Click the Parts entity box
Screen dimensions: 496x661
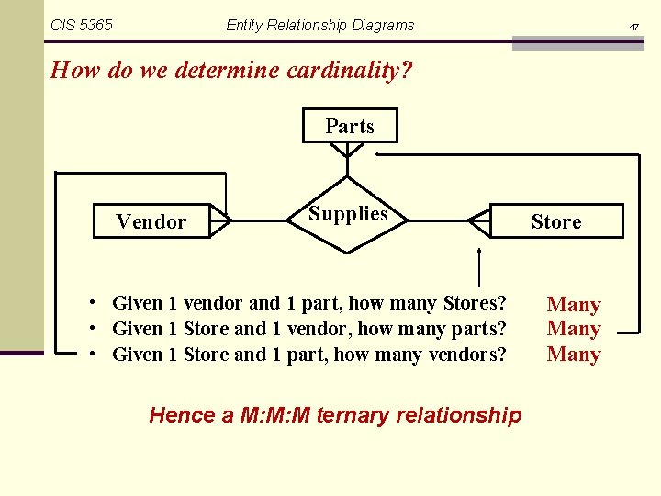point(350,126)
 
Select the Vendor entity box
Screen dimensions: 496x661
point(151,221)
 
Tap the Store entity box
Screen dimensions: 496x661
point(556,221)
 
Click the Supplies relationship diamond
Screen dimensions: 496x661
point(348,214)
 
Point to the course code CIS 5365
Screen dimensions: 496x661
point(82,26)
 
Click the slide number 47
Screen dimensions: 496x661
point(633,28)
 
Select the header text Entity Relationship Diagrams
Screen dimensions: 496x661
point(319,26)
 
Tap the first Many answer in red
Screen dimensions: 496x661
point(574,305)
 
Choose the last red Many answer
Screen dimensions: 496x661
point(574,355)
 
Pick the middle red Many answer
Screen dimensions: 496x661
point(574,329)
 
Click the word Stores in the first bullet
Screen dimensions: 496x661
point(470,303)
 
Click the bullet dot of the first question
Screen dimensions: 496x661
point(95,303)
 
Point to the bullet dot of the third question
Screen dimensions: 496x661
point(95,354)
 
